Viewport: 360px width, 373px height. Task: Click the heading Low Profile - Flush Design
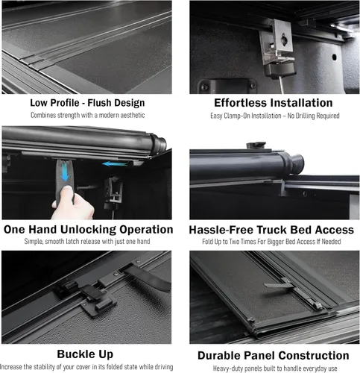87,103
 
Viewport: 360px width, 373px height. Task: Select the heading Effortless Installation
273,103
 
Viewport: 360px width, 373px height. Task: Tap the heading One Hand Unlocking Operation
87,229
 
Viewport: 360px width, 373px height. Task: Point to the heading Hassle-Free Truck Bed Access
273,230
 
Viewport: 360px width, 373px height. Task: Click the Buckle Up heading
87,355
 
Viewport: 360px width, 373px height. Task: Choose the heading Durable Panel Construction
273,356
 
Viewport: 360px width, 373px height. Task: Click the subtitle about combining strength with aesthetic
87,116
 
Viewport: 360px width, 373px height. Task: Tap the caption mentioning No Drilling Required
273,116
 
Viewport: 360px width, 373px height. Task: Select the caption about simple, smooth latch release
87,242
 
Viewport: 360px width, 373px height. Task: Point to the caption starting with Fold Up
273,242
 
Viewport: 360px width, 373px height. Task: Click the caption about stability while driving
87,368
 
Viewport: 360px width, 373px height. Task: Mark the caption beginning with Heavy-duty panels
273,369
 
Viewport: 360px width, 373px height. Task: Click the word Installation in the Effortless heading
297,103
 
